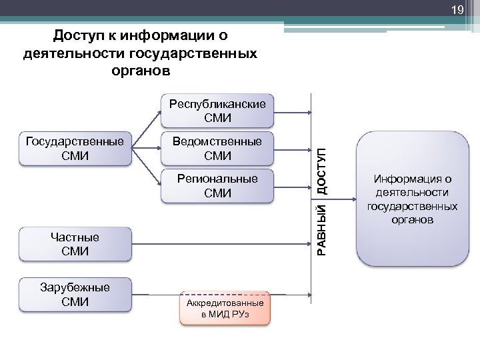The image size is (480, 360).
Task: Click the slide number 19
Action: click(457, 10)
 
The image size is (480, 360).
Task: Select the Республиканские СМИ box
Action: click(217, 111)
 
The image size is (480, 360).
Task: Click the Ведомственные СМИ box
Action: click(217, 148)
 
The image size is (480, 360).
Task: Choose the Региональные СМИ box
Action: click(217, 185)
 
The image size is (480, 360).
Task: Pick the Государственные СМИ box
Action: click(75, 148)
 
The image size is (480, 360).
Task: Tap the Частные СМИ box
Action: click(75, 244)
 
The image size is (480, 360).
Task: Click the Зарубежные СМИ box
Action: click(75, 295)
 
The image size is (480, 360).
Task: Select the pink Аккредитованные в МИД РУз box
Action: click(225, 308)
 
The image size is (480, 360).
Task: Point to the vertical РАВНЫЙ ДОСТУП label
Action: click(323, 201)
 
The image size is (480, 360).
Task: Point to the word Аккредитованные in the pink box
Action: click(225, 303)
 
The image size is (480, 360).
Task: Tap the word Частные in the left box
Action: click(75, 237)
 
